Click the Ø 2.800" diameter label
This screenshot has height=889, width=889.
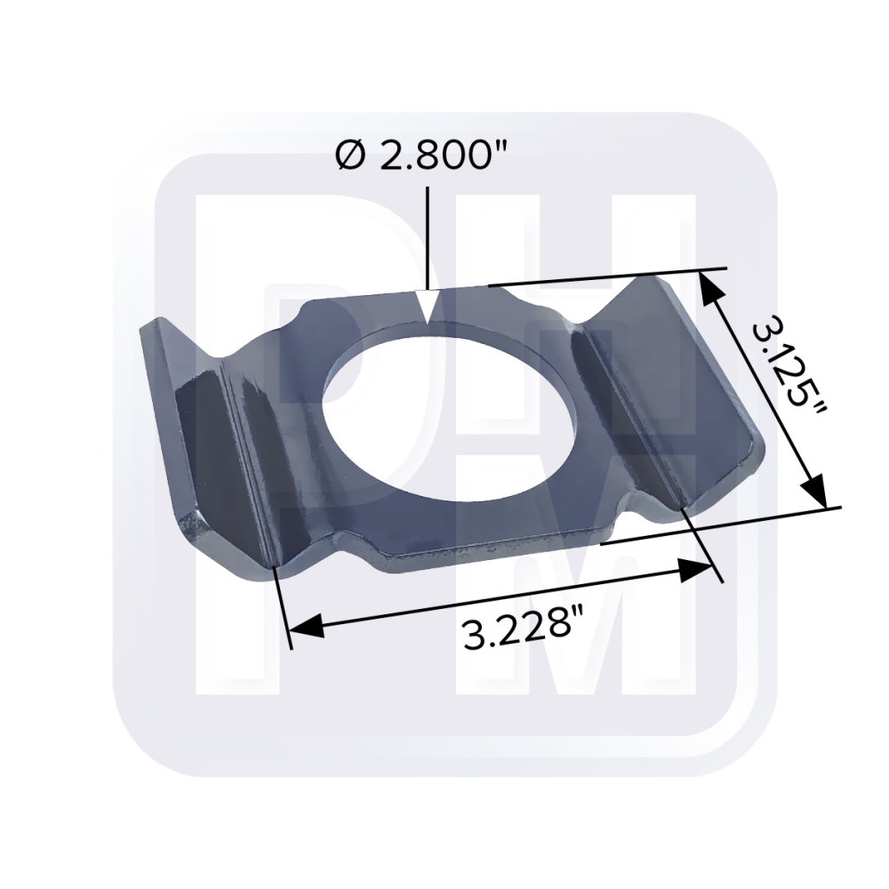point(421,156)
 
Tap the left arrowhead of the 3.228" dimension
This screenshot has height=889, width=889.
point(306,625)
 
